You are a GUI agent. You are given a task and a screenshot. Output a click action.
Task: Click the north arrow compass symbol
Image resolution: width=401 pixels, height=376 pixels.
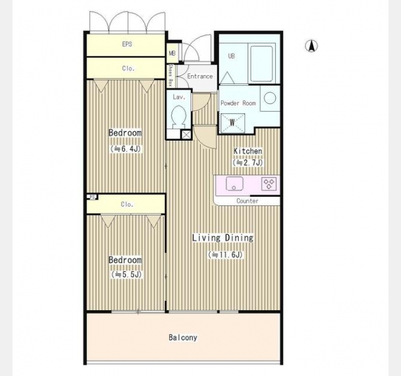pos(311,46)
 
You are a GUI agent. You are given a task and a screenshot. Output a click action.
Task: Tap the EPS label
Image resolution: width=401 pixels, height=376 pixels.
pos(127,44)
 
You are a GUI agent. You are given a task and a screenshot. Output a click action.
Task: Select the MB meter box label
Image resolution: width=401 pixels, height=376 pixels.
pos(172,53)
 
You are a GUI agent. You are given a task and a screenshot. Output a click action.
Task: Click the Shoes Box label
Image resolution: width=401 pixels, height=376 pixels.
pos(170,75)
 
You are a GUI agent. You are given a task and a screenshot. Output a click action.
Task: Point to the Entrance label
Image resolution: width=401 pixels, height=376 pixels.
pos(200,76)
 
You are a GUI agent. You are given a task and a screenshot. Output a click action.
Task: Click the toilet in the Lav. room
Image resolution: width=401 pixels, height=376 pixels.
pos(179,117)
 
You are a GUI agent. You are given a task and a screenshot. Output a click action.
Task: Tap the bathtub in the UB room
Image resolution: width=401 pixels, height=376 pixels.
pos(261,64)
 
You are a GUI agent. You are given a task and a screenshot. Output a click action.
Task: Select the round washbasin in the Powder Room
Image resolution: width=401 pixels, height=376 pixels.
pos(270,98)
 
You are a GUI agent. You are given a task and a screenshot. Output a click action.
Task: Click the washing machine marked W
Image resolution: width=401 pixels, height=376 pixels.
pos(232,123)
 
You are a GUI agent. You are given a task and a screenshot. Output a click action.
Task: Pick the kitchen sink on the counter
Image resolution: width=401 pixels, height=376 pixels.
pos(234,184)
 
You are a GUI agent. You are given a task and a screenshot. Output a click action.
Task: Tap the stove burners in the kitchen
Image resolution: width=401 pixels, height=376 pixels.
pos(269,184)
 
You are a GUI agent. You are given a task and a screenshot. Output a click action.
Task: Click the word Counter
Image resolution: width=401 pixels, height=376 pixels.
pos(247,201)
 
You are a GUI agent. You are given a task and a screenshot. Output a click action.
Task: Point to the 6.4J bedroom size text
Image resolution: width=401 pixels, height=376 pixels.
pos(125,149)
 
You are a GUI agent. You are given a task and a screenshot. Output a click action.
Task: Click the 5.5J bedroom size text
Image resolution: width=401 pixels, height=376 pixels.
pos(127,274)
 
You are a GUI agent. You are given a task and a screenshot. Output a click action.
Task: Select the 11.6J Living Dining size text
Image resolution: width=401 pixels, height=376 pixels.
pos(226,255)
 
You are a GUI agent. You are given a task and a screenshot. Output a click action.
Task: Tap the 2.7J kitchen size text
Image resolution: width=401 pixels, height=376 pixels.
pos(247,162)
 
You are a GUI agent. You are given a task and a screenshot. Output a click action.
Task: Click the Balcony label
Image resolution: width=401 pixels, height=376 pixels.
pos(183,337)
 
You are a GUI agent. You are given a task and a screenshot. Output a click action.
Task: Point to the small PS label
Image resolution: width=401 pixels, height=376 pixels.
pos(93,197)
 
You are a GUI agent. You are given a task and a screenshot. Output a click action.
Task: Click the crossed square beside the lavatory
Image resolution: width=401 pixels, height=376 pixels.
pos(186,135)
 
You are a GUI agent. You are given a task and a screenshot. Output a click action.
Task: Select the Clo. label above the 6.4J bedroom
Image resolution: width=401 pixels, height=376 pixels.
pos(128,68)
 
